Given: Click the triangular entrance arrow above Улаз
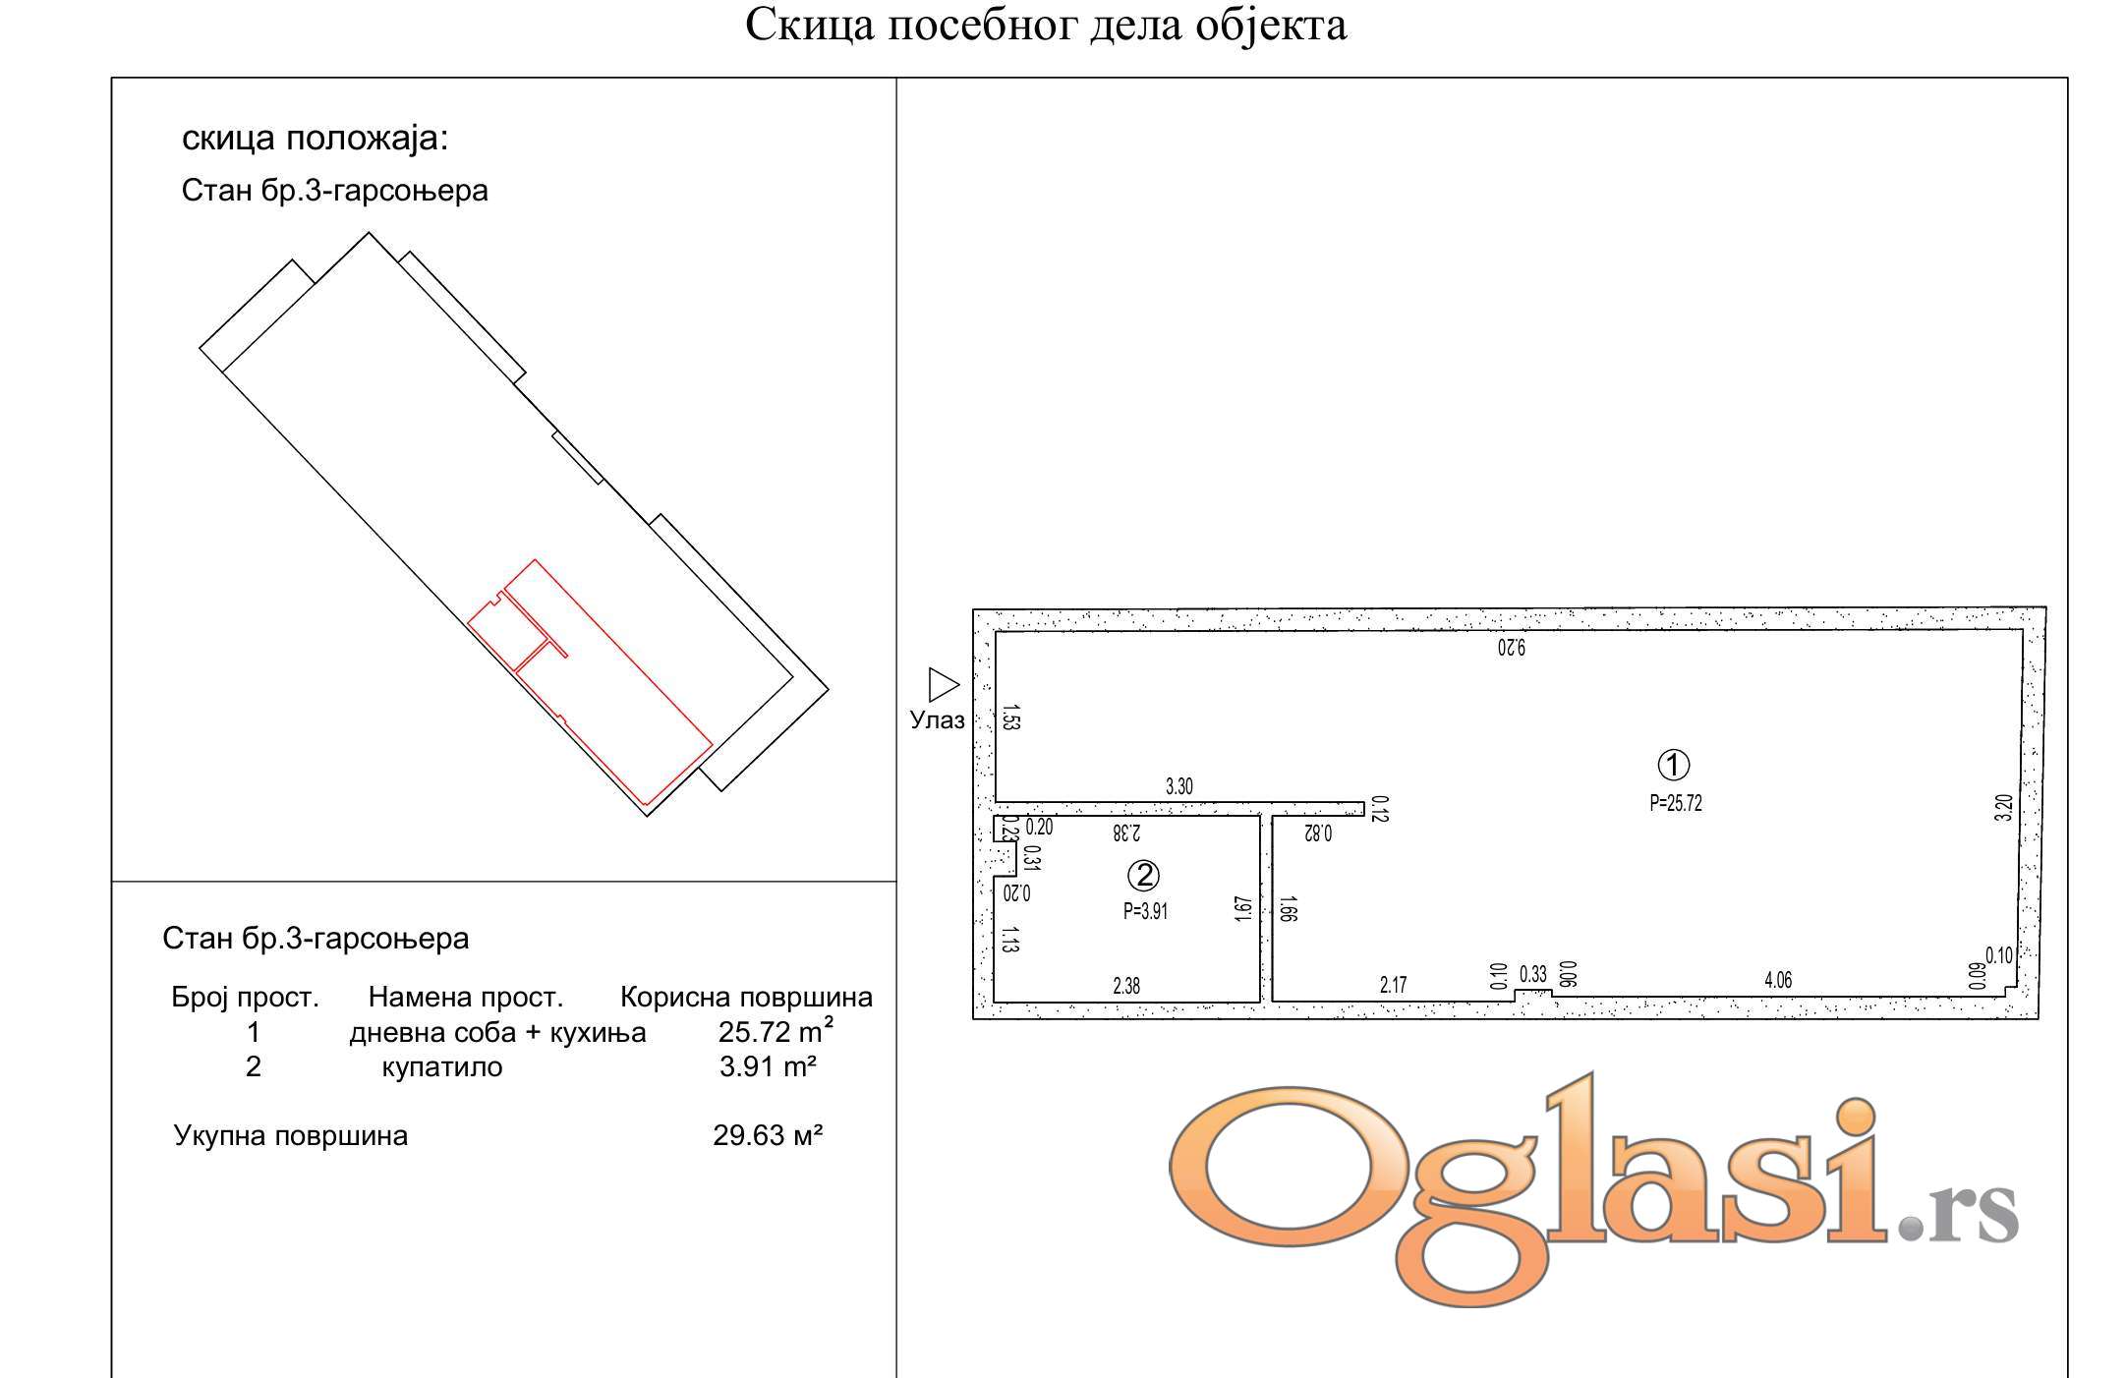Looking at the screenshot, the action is click(x=944, y=685).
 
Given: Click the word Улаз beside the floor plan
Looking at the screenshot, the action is click(x=937, y=720).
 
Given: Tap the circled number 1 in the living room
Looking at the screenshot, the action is click(x=1673, y=765).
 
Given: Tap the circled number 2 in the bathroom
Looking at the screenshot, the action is click(x=1143, y=875).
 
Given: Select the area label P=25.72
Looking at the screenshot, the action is click(x=1676, y=803).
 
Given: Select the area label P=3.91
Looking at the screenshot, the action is click(x=1145, y=911).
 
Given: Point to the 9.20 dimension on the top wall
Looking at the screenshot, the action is click(x=1512, y=648).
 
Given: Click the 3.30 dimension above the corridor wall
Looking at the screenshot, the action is click(x=1179, y=786).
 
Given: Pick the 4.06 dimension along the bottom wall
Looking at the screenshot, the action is click(x=1778, y=980).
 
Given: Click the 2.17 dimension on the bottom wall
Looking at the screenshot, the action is click(x=1393, y=985).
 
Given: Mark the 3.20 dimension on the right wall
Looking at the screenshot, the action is click(x=2004, y=808).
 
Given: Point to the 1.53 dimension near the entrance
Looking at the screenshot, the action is click(x=1011, y=718).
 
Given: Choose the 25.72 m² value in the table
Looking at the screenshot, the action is click(x=776, y=1031).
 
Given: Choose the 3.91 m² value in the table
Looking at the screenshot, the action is click(x=768, y=1066).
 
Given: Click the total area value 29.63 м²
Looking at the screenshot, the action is click(x=768, y=1135).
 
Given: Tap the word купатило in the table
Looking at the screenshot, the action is click(x=441, y=1067).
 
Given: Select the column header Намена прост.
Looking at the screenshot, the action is click(x=466, y=998).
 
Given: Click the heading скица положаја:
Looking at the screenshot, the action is click(x=315, y=138).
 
